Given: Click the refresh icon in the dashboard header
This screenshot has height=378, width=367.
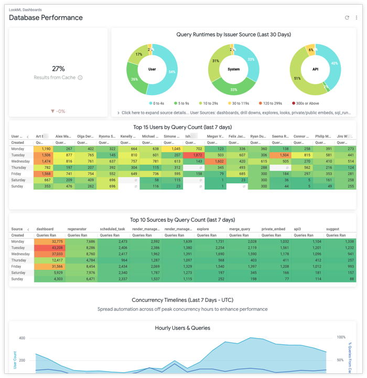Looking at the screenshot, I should [x=347, y=18].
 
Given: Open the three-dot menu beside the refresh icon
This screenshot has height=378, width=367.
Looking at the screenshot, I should [x=357, y=18].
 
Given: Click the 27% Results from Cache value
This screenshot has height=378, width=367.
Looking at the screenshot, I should [x=58, y=69].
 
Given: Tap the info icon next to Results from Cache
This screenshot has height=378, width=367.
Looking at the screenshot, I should [x=80, y=78].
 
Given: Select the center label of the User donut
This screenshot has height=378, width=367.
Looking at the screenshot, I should [x=152, y=69].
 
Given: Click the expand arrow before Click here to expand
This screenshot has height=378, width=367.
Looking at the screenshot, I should [x=118, y=113].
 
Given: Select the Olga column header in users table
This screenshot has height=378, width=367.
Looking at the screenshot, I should [x=85, y=136].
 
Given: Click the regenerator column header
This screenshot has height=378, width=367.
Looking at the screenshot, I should [x=77, y=229].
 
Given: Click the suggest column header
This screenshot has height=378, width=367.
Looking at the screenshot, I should [x=332, y=229].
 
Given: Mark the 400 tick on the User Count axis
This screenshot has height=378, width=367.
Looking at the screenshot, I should [x=22, y=339].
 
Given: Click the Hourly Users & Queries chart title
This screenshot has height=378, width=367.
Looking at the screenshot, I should [x=182, y=328].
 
